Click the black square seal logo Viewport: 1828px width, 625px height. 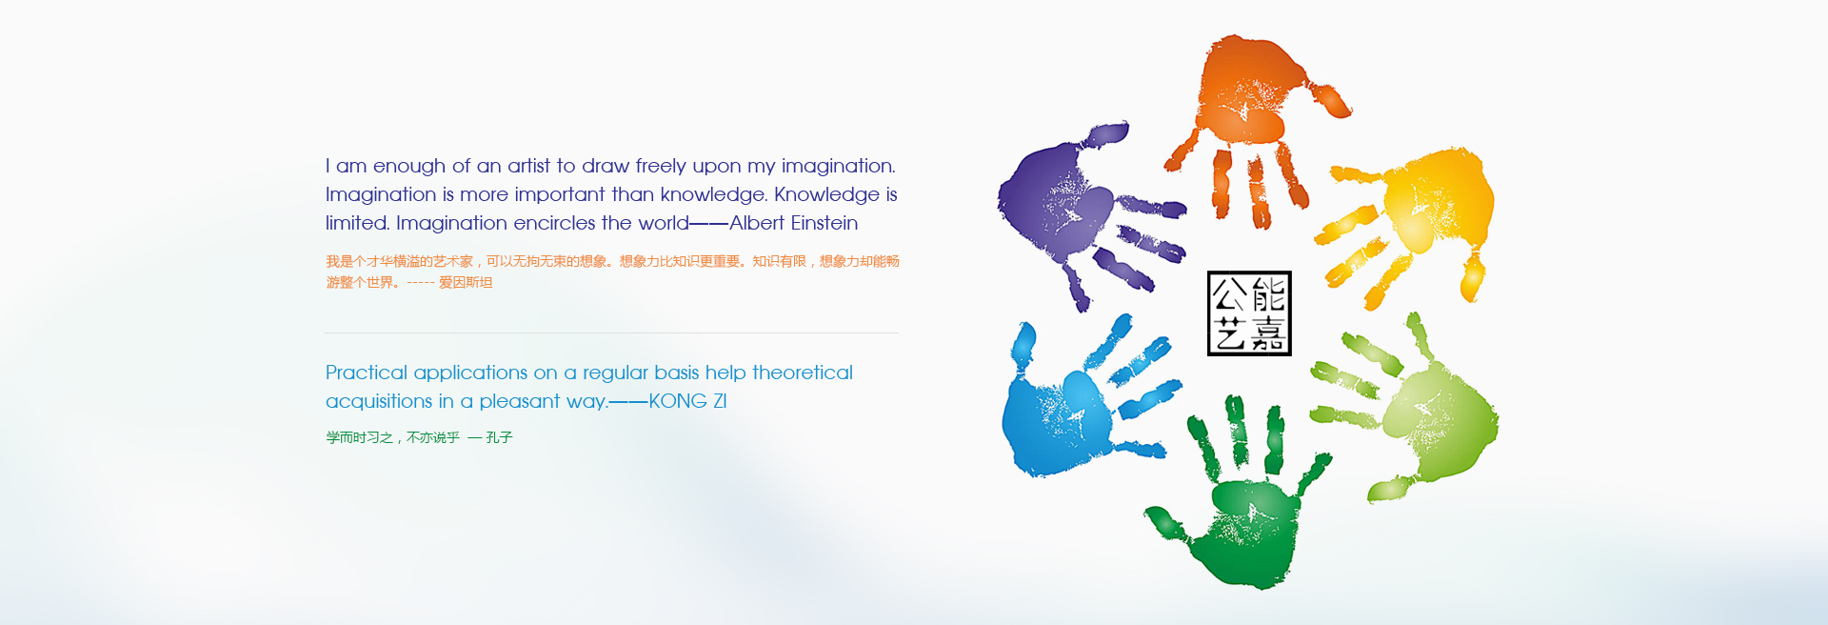pos(1249,313)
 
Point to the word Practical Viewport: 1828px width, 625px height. pos(367,373)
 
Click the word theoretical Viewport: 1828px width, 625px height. pos(803,373)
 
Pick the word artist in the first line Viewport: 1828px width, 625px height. pos(529,166)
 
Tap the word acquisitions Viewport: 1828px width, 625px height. pos(379,402)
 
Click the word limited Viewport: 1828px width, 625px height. pos(357,223)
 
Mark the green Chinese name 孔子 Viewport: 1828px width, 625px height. pos(499,437)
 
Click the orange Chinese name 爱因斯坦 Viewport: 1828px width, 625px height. pos(466,282)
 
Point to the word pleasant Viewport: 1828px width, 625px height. pos(520,402)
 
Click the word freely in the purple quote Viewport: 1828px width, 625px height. pos(661,167)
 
